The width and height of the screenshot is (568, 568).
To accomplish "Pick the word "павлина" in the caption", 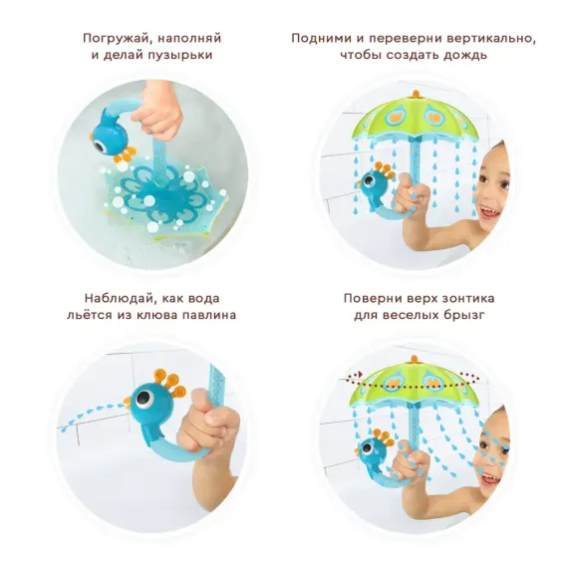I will tap(210, 315).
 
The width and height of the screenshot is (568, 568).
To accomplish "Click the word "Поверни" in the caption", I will tap(372, 298).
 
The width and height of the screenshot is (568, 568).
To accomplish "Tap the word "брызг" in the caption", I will tap(474, 315).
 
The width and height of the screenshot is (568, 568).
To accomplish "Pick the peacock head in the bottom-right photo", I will tap(375, 448).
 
